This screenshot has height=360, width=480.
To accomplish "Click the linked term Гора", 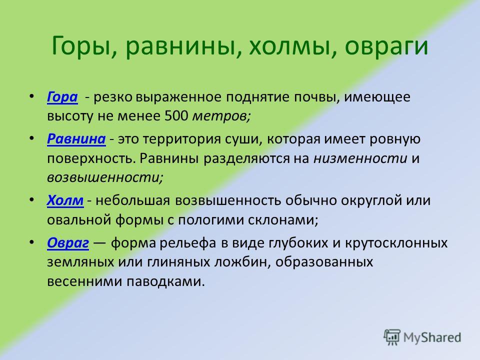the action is [x=62, y=97].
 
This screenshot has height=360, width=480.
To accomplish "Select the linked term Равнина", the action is [x=76, y=139].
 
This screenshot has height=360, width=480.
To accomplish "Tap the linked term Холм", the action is [x=65, y=200].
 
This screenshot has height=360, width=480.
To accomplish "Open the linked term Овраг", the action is [x=68, y=243].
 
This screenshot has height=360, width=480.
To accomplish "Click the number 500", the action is [x=176, y=116].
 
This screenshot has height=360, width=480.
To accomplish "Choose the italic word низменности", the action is [x=360, y=158].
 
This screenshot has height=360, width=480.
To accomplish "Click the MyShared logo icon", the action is [x=392, y=337].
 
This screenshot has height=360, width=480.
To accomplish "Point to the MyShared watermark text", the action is [x=432, y=337].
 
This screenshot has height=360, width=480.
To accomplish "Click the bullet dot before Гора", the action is [x=31, y=96].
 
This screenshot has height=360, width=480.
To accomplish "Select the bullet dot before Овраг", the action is [x=31, y=242].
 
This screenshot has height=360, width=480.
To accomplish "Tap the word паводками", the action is [x=165, y=281].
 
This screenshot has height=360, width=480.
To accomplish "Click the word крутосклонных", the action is [x=396, y=243].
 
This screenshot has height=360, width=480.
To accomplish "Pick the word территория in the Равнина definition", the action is [x=182, y=139].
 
